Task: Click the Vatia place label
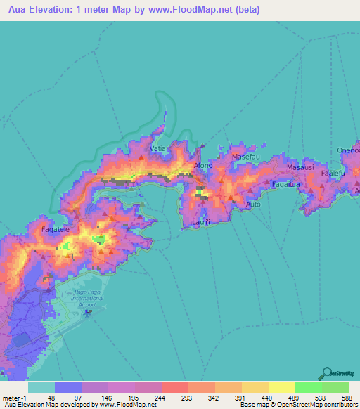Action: [x=157, y=149]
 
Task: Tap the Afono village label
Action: [x=202, y=167]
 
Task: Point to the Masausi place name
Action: [x=300, y=169]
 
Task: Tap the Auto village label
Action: [x=254, y=204]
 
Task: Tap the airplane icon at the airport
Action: [x=87, y=311]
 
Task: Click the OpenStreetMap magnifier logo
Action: [x=328, y=373]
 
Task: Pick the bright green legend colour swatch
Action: [x=308, y=387]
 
